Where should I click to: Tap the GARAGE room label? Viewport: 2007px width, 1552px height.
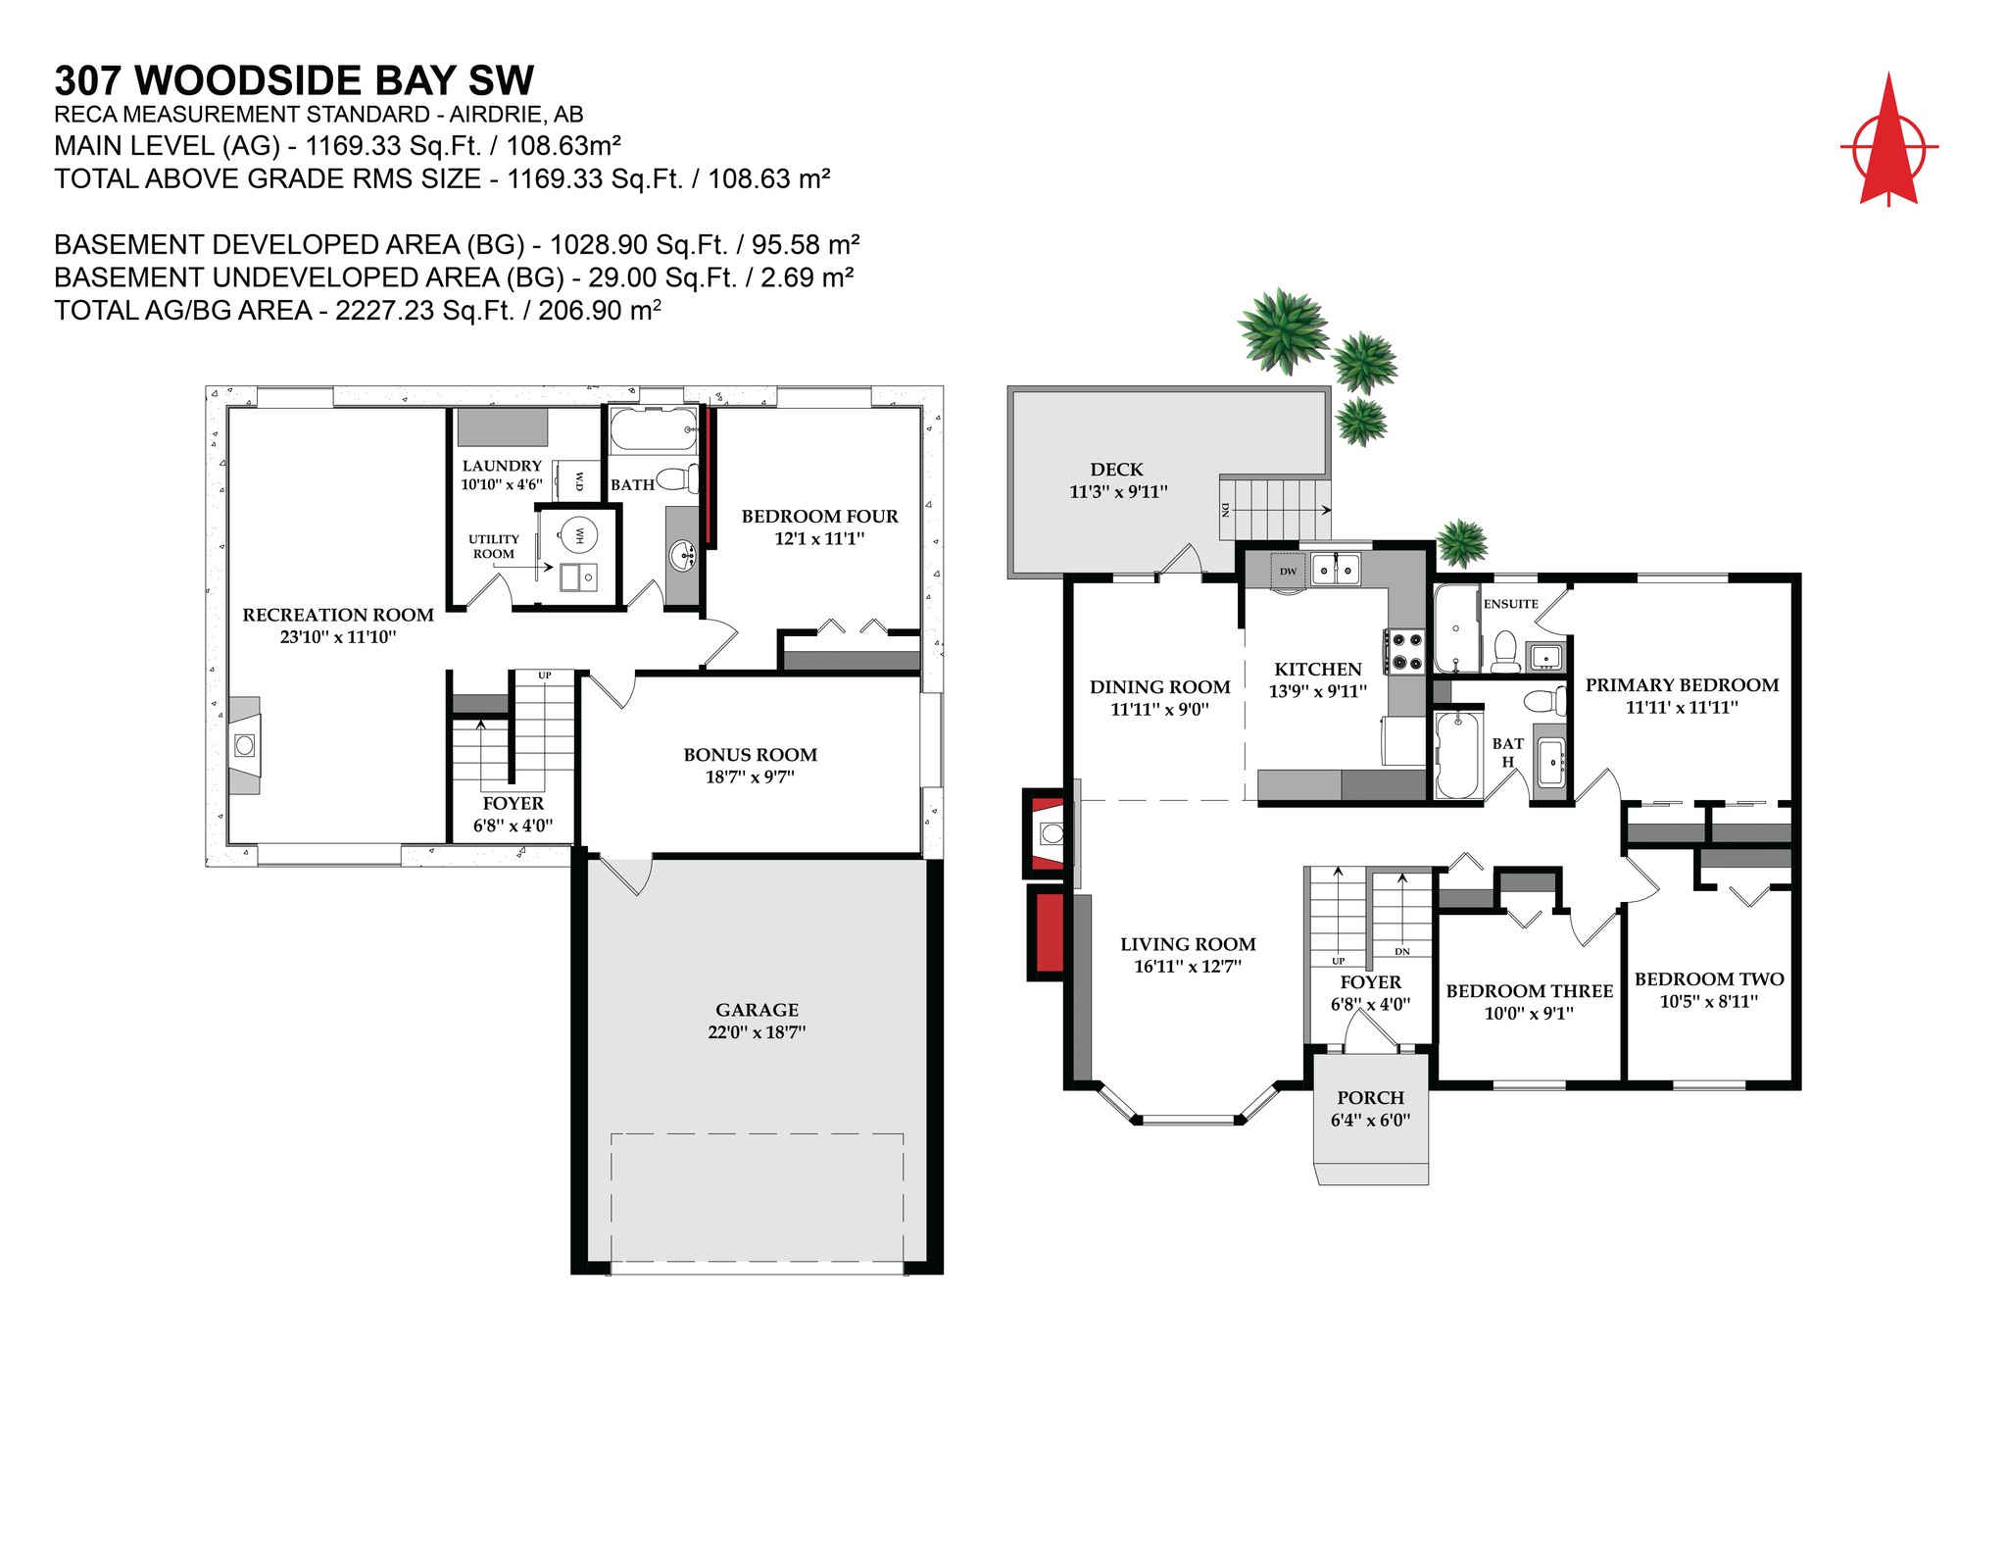tap(757, 1010)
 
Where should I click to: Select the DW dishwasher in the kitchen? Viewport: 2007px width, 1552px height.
tap(1288, 571)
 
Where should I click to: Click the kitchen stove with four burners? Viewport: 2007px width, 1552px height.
tap(1405, 652)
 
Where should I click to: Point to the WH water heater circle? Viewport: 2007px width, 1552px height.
tap(579, 535)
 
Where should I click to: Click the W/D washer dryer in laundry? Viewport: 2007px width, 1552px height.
tap(578, 481)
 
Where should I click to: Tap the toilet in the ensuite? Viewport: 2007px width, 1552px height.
tap(1505, 651)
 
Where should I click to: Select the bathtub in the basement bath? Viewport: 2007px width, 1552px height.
tap(653, 429)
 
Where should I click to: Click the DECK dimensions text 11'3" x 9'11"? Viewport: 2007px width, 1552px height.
tap(1118, 492)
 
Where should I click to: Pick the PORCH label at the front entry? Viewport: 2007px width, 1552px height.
tap(1370, 1098)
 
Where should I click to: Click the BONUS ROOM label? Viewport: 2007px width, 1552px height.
tap(750, 755)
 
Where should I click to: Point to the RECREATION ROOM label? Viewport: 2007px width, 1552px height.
tap(338, 615)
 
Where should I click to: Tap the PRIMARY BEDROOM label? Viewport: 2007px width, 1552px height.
tap(1682, 685)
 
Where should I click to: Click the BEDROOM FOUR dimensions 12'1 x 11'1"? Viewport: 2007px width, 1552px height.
tap(819, 538)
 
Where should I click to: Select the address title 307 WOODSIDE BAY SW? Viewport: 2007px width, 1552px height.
tap(294, 80)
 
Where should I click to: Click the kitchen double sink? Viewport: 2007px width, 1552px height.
tap(1336, 569)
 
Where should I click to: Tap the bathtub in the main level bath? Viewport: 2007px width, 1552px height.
tap(1456, 755)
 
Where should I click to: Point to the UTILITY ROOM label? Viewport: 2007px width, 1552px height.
tap(494, 546)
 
